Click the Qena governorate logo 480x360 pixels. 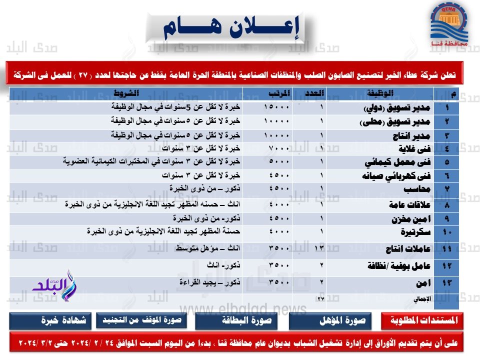coord(449,28)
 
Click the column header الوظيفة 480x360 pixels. coord(390,93)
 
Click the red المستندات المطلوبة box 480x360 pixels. coord(421,321)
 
